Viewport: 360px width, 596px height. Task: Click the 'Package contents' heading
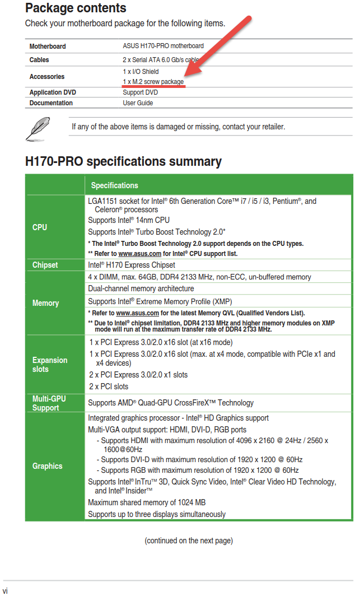point(76,8)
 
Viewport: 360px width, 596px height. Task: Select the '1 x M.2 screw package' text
point(153,82)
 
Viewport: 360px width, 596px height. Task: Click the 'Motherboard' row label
point(48,46)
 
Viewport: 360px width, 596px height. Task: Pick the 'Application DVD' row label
point(53,92)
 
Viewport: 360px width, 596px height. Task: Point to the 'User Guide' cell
point(138,103)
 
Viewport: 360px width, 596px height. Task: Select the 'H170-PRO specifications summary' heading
point(123,162)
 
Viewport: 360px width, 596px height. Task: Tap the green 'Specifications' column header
point(114,185)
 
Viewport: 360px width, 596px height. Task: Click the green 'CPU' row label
point(40,227)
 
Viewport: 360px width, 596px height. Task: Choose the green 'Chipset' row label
point(45,265)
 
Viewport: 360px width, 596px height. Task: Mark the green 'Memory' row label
point(45,303)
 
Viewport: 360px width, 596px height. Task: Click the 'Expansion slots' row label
point(50,365)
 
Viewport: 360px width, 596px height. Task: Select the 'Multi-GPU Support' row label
point(49,403)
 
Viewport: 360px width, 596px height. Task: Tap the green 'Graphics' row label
point(47,466)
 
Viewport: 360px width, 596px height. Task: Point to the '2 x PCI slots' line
point(109,387)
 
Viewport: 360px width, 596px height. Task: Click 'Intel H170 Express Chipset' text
point(132,265)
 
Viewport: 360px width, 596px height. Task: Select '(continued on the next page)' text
point(189,541)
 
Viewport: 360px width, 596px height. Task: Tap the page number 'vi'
point(5,590)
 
